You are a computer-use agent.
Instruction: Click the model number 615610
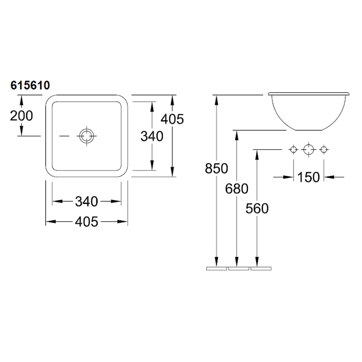[30, 86]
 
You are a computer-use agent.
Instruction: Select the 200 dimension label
[21, 116]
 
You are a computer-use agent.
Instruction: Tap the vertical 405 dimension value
[172, 119]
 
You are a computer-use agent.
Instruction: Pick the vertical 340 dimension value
[152, 136]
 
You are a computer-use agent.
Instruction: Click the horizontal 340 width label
[86, 201]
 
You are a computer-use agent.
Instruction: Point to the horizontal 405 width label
[86, 222]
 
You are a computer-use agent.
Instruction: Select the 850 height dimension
[217, 168]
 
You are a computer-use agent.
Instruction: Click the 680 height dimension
[237, 189]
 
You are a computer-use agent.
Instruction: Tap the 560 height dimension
[257, 209]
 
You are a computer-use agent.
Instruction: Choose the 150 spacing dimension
[309, 177]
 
